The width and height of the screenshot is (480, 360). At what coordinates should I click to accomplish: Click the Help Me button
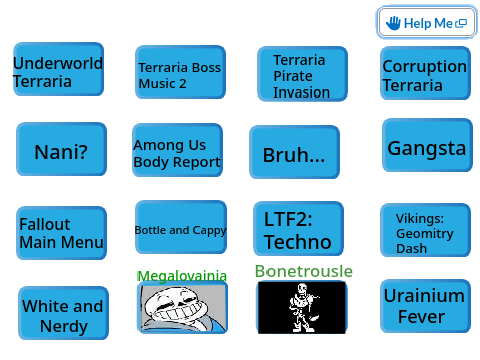[427, 22]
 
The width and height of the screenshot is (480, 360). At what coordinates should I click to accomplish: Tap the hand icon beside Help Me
[393, 23]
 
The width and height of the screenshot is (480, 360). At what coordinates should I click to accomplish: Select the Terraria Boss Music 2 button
[180, 72]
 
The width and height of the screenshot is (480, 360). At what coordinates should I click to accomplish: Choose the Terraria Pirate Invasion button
[302, 74]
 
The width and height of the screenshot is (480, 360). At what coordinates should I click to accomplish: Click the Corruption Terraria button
[425, 73]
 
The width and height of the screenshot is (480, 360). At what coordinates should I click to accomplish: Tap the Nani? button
[61, 149]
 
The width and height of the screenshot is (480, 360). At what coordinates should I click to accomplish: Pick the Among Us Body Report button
[177, 150]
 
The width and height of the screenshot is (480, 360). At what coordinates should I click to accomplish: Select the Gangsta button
[427, 145]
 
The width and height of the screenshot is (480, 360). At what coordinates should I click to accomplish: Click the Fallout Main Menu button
[61, 233]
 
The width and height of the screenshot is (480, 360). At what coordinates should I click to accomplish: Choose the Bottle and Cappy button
[181, 227]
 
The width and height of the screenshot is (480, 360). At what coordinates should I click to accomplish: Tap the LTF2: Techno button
[298, 228]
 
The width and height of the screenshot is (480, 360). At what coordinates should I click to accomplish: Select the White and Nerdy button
[63, 313]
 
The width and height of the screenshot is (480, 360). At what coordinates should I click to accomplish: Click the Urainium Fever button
[425, 306]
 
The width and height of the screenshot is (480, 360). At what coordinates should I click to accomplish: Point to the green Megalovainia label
[182, 276]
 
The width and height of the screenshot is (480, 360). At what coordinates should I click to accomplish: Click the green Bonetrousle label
[304, 271]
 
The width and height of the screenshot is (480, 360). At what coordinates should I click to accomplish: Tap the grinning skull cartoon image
[182, 307]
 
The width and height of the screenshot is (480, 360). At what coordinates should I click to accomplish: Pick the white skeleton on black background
[302, 307]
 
